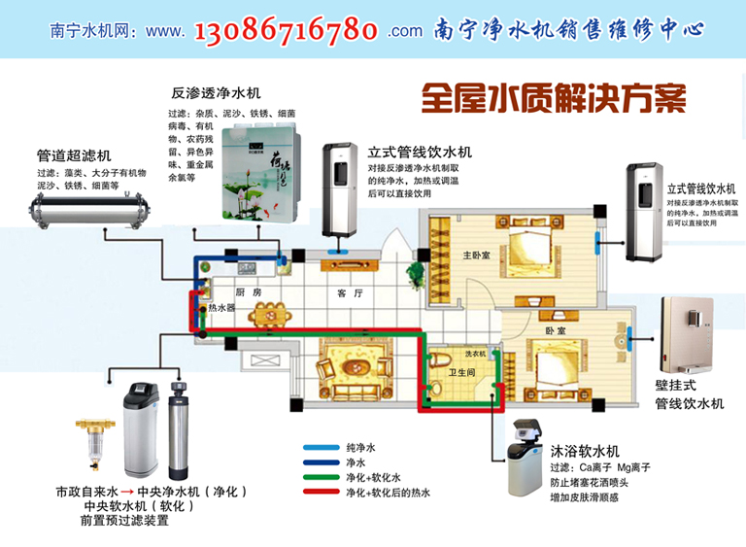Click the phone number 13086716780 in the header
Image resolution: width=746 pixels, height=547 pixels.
click(x=287, y=30)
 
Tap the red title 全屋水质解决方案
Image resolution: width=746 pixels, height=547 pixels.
click(x=554, y=97)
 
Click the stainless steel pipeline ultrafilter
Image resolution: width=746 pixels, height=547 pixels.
click(x=87, y=207)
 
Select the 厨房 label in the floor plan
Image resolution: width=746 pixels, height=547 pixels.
click(x=249, y=292)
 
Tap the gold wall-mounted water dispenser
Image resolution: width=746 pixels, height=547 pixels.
click(x=689, y=336)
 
